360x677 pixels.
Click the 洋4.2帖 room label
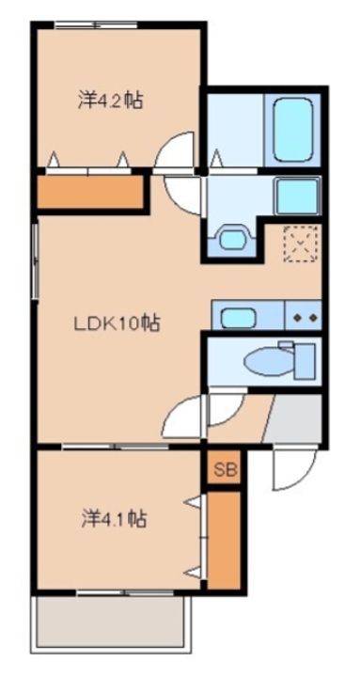coord(110,102)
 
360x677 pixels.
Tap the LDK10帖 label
coord(117,323)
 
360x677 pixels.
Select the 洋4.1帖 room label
coord(114,519)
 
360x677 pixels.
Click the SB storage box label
coord(225,469)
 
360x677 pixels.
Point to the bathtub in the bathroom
coord(292,129)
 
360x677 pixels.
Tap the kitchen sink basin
coord(237,319)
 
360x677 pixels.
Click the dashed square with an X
coord(302,244)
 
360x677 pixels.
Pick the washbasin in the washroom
coord(233,238)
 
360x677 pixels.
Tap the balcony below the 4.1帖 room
coord(111,622)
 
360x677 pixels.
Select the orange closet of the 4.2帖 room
coord(90,192)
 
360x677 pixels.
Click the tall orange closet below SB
coord(223,540)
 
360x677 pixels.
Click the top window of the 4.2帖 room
coord(97,25)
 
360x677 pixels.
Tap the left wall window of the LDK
coord(35,260)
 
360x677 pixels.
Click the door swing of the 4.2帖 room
coord(175,152)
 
